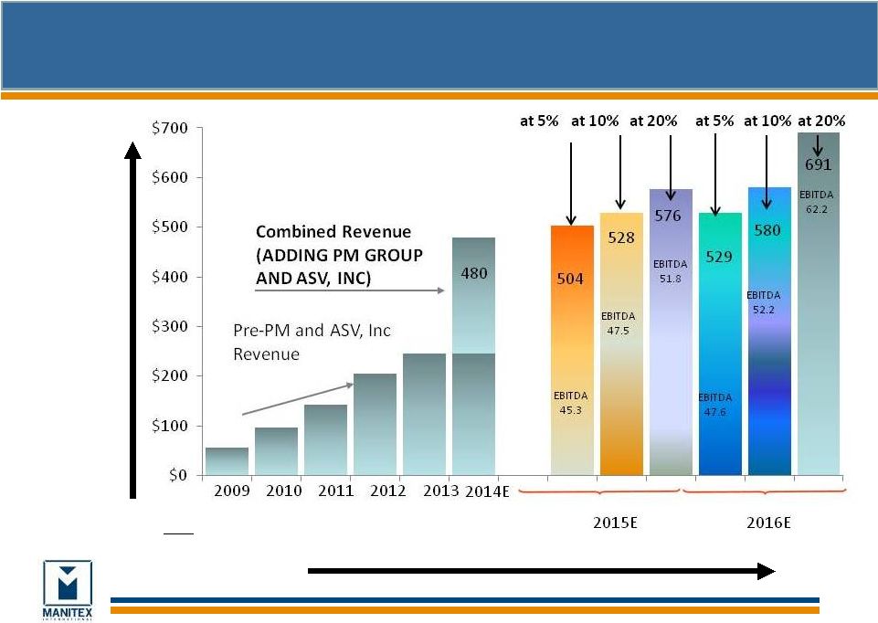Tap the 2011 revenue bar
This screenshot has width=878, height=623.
[x=325, y=439]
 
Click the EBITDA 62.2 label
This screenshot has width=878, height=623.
[x=817, y=202]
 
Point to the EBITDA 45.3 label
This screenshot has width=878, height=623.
[x=571, y=403]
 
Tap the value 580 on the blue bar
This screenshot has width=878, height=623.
[x=768, y=230]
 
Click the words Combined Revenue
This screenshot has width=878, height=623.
[x=333, y=233]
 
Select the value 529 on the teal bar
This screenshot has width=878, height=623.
[x=719, y=257]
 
